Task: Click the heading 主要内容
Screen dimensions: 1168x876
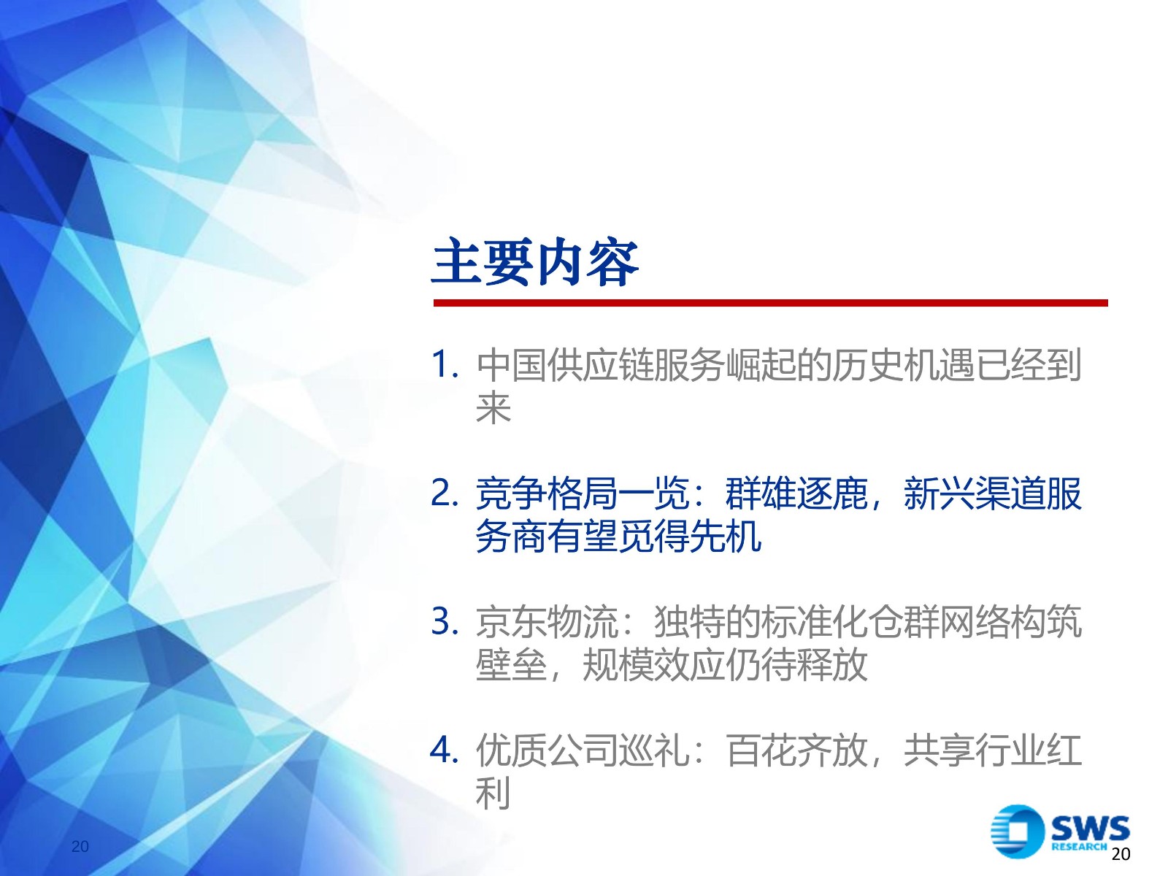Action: click(535, 263)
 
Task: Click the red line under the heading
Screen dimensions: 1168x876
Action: click(770, 303)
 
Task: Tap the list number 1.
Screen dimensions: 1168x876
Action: click(445, 365)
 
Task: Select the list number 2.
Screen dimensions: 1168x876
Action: click(445, 493)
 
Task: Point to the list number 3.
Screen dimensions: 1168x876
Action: click(445, 621)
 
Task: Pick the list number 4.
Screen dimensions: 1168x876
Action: click(445, 750)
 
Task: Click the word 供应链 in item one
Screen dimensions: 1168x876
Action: click(600, 366)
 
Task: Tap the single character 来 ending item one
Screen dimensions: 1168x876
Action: click(493, 408)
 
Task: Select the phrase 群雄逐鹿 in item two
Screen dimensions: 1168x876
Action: click(796, 493)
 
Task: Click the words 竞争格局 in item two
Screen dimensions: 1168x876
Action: click(547, 493)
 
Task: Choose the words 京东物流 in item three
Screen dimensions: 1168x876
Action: click(547, 622)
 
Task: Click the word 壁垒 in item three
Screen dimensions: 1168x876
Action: click(512, 665)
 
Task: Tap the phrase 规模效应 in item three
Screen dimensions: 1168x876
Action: click(654, 665)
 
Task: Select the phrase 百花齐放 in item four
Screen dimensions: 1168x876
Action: click(796, 750)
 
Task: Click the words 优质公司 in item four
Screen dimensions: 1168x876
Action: click(547, 750)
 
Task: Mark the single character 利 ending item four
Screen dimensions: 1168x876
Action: click(493, 793)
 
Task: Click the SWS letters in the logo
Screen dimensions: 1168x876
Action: click(1091, 828)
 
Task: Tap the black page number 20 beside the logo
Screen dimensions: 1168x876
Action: click(1121, 853)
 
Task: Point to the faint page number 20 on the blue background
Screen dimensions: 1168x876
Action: click(80, 846)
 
